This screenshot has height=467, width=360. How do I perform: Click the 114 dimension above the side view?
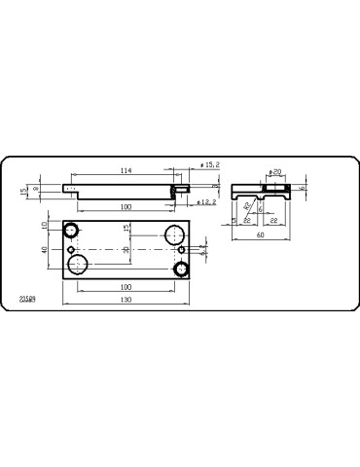click(x=126, y=171)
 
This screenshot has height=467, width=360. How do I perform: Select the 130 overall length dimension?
click(x=126, y=299)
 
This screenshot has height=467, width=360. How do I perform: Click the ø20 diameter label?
click(x=274, y=172)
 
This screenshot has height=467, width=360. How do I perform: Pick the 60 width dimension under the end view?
click(x=260, y=234)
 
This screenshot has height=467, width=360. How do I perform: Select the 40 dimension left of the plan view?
click(x=45, y=249)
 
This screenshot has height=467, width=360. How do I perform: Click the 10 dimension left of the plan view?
click(x=45, y=225)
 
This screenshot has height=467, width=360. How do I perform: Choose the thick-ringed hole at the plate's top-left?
click(x=71, y=231)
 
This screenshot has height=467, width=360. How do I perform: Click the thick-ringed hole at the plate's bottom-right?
click(x=181, y=269)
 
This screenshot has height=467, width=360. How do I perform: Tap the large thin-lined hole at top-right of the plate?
click(x=174, y=234)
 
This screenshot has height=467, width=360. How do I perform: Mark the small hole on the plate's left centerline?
click(x=71, y=250)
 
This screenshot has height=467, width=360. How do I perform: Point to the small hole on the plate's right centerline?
click(x=181, y=250)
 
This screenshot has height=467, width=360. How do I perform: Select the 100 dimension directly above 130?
click(x=126, y=287)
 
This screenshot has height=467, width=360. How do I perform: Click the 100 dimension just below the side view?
click(x=126, y=206)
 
